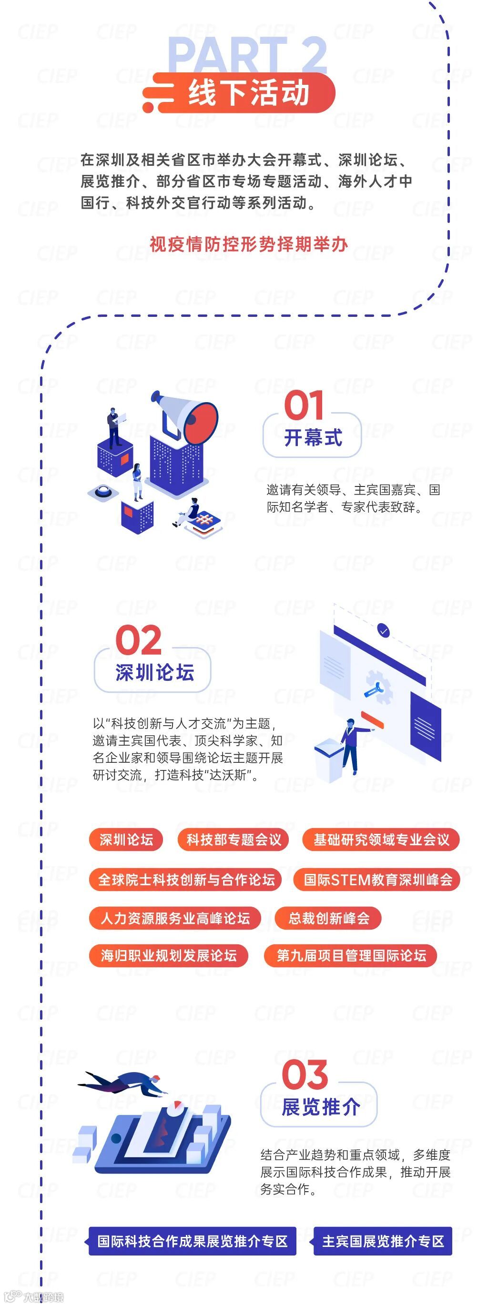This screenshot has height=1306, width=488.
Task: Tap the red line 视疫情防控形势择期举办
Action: point(249,244)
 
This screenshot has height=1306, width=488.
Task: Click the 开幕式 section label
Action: point(313,437)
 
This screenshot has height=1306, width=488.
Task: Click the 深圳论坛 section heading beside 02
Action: point(155,673)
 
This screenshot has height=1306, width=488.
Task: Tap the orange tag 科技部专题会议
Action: point(234,840)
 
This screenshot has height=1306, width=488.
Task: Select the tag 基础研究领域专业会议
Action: point(381,840)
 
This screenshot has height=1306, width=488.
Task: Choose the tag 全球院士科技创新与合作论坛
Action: point(186,879)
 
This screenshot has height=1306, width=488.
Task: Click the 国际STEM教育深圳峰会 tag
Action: point(377,879)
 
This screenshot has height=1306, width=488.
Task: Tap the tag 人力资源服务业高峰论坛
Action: point(175,918)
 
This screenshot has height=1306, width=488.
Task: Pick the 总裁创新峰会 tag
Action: point(328,918)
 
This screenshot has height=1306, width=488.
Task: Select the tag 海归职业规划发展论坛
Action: point(168,956)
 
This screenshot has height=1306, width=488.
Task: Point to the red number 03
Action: point(305,1074)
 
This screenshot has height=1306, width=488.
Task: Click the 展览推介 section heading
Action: point(321,1107)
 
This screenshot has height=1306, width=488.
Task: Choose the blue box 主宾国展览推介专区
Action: point(383,1241)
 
